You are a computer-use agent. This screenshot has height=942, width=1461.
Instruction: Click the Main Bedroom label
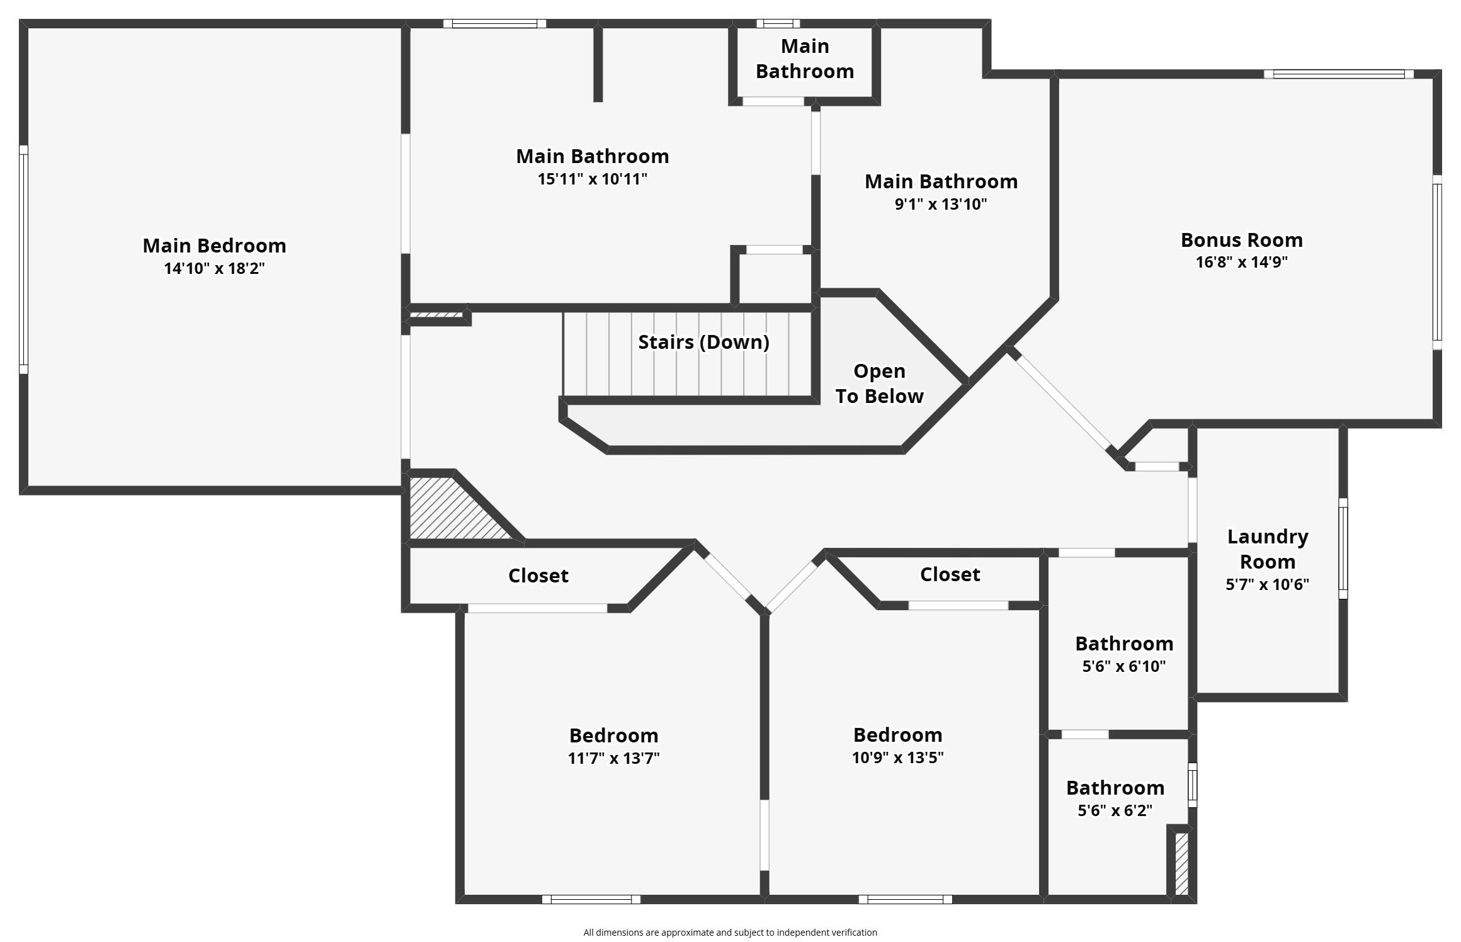(x=214, y=246)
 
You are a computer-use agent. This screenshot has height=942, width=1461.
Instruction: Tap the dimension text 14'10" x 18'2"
(x=214, y=269)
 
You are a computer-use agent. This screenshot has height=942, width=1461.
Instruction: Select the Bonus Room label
(x=1241, y=240)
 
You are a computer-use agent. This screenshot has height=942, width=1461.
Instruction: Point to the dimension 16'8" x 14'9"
(x=1241, y=263)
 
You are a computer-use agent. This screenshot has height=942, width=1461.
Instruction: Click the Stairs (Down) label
(x=703, y=342)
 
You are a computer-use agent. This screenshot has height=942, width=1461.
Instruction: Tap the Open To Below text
(x=879, y=383)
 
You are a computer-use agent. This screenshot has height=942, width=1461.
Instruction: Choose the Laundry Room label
(x=1267, y=548)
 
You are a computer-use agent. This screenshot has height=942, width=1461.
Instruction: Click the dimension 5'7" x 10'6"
(x=1267, y=585)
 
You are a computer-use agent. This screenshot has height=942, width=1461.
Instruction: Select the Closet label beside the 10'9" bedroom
(x=950, y=574)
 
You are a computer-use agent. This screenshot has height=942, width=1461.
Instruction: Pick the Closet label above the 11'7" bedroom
(x=538, y=576)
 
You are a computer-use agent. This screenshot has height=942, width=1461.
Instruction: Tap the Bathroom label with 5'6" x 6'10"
(x=1123, y=644)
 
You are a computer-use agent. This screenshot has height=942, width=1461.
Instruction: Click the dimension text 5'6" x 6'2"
(x=1115, y=811)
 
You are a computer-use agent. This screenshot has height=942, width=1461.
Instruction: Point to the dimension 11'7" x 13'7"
(x=613, y=758)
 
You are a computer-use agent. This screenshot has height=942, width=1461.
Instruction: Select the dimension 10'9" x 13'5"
(x=897, y=758)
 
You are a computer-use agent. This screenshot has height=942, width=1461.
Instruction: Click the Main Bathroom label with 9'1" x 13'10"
(x=941, y=181)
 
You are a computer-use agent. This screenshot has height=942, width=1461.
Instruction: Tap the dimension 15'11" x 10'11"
(x=592, y=179)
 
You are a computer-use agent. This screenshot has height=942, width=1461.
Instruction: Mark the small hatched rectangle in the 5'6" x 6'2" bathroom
(x=1181, y=863)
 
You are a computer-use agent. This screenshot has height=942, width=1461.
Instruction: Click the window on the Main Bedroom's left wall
(x=23, y=259)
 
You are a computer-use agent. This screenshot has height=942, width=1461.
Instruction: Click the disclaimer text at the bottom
(x=730, y=933)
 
